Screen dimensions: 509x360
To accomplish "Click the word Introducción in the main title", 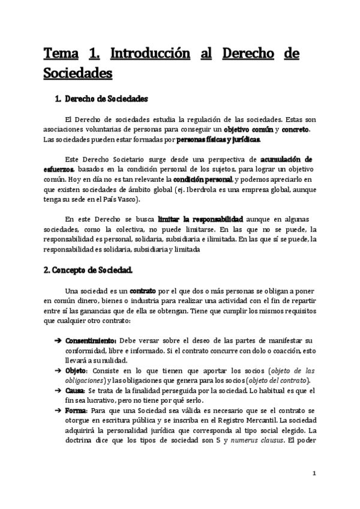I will [x=150, y=55].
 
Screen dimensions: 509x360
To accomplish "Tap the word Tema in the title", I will [x=61, y=55].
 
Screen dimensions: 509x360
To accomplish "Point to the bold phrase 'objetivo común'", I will [x=248, y=130].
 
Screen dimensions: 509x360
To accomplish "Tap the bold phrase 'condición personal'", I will [x=202, y=181].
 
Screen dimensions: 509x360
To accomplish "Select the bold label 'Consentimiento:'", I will [x=91, y=340].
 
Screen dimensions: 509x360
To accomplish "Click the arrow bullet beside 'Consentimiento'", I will [x=58, y=340].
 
